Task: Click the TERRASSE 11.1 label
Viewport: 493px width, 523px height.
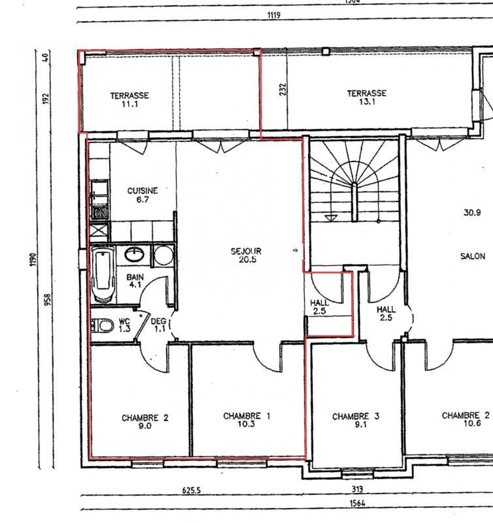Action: pos(129,99)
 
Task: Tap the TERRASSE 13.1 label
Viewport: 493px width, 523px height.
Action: pos(366,97)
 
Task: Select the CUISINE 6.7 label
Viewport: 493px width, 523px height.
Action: pos(143,195)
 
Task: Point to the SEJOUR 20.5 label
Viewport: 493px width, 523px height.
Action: pos(246,254)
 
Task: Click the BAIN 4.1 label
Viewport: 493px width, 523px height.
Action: pos(135,281)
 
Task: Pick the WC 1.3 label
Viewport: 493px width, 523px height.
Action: pos(124,325)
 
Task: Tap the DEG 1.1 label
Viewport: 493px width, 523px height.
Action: pos(159,325)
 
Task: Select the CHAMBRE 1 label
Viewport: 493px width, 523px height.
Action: pos(246,420)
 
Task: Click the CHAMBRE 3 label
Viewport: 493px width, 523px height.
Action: pos(356,420)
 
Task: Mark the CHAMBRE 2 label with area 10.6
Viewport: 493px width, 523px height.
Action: pos(465,419)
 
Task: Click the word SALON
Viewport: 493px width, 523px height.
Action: pos(472,256)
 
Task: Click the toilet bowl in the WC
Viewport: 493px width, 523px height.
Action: pos(100,325)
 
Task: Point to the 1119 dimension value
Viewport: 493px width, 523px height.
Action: pos(273,14)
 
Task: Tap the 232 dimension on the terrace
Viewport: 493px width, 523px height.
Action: pos(283,89)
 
